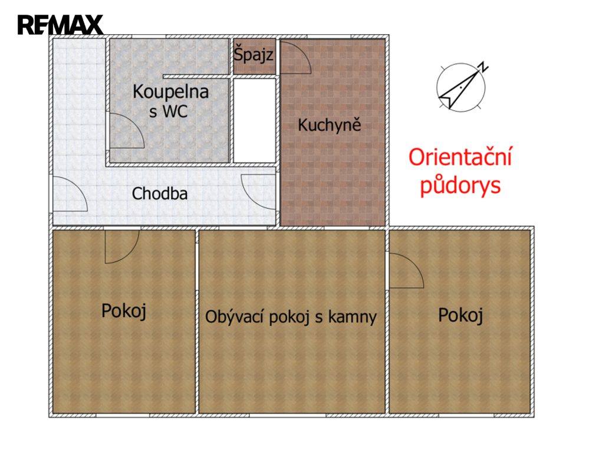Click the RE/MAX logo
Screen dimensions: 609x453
[x=60, y=25]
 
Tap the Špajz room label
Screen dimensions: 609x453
[x=254, y=54]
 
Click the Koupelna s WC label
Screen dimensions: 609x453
[x=170, y=101]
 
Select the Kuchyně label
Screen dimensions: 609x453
[x=330, y=124]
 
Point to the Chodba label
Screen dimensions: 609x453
[x=160, y=193]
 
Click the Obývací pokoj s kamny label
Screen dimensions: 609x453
[x=291, y=317]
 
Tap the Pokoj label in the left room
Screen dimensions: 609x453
[x=124, y=311]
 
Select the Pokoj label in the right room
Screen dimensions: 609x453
[x=460, y=315]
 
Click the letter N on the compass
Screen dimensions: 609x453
[x=483, y=67]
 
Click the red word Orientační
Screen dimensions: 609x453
[x=460, y=157]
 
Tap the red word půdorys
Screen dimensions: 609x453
[x=460, y=185]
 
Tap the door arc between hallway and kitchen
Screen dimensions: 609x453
[x=249, y=197]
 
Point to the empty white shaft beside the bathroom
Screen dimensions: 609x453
[x=255, y=121]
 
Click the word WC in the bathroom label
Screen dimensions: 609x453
[x=175, y=111]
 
